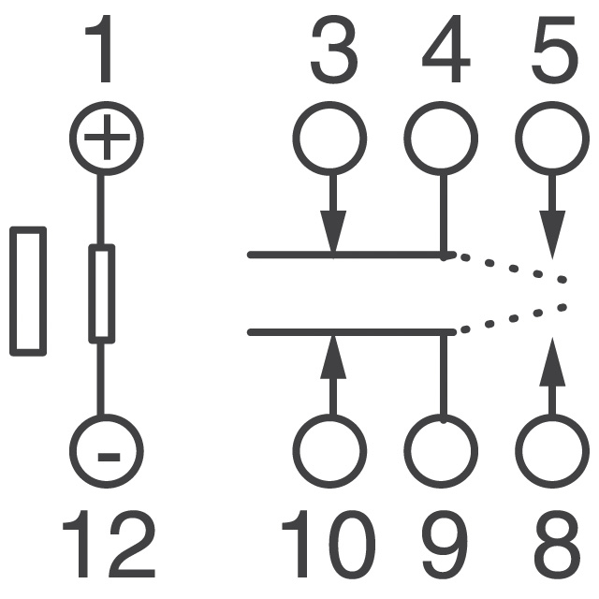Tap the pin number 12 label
[108, 546]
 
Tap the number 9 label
[443, 546]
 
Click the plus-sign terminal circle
[106, 139]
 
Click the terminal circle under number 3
[330, 139]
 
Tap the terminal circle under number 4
[442, 139]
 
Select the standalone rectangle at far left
[28, 291]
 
